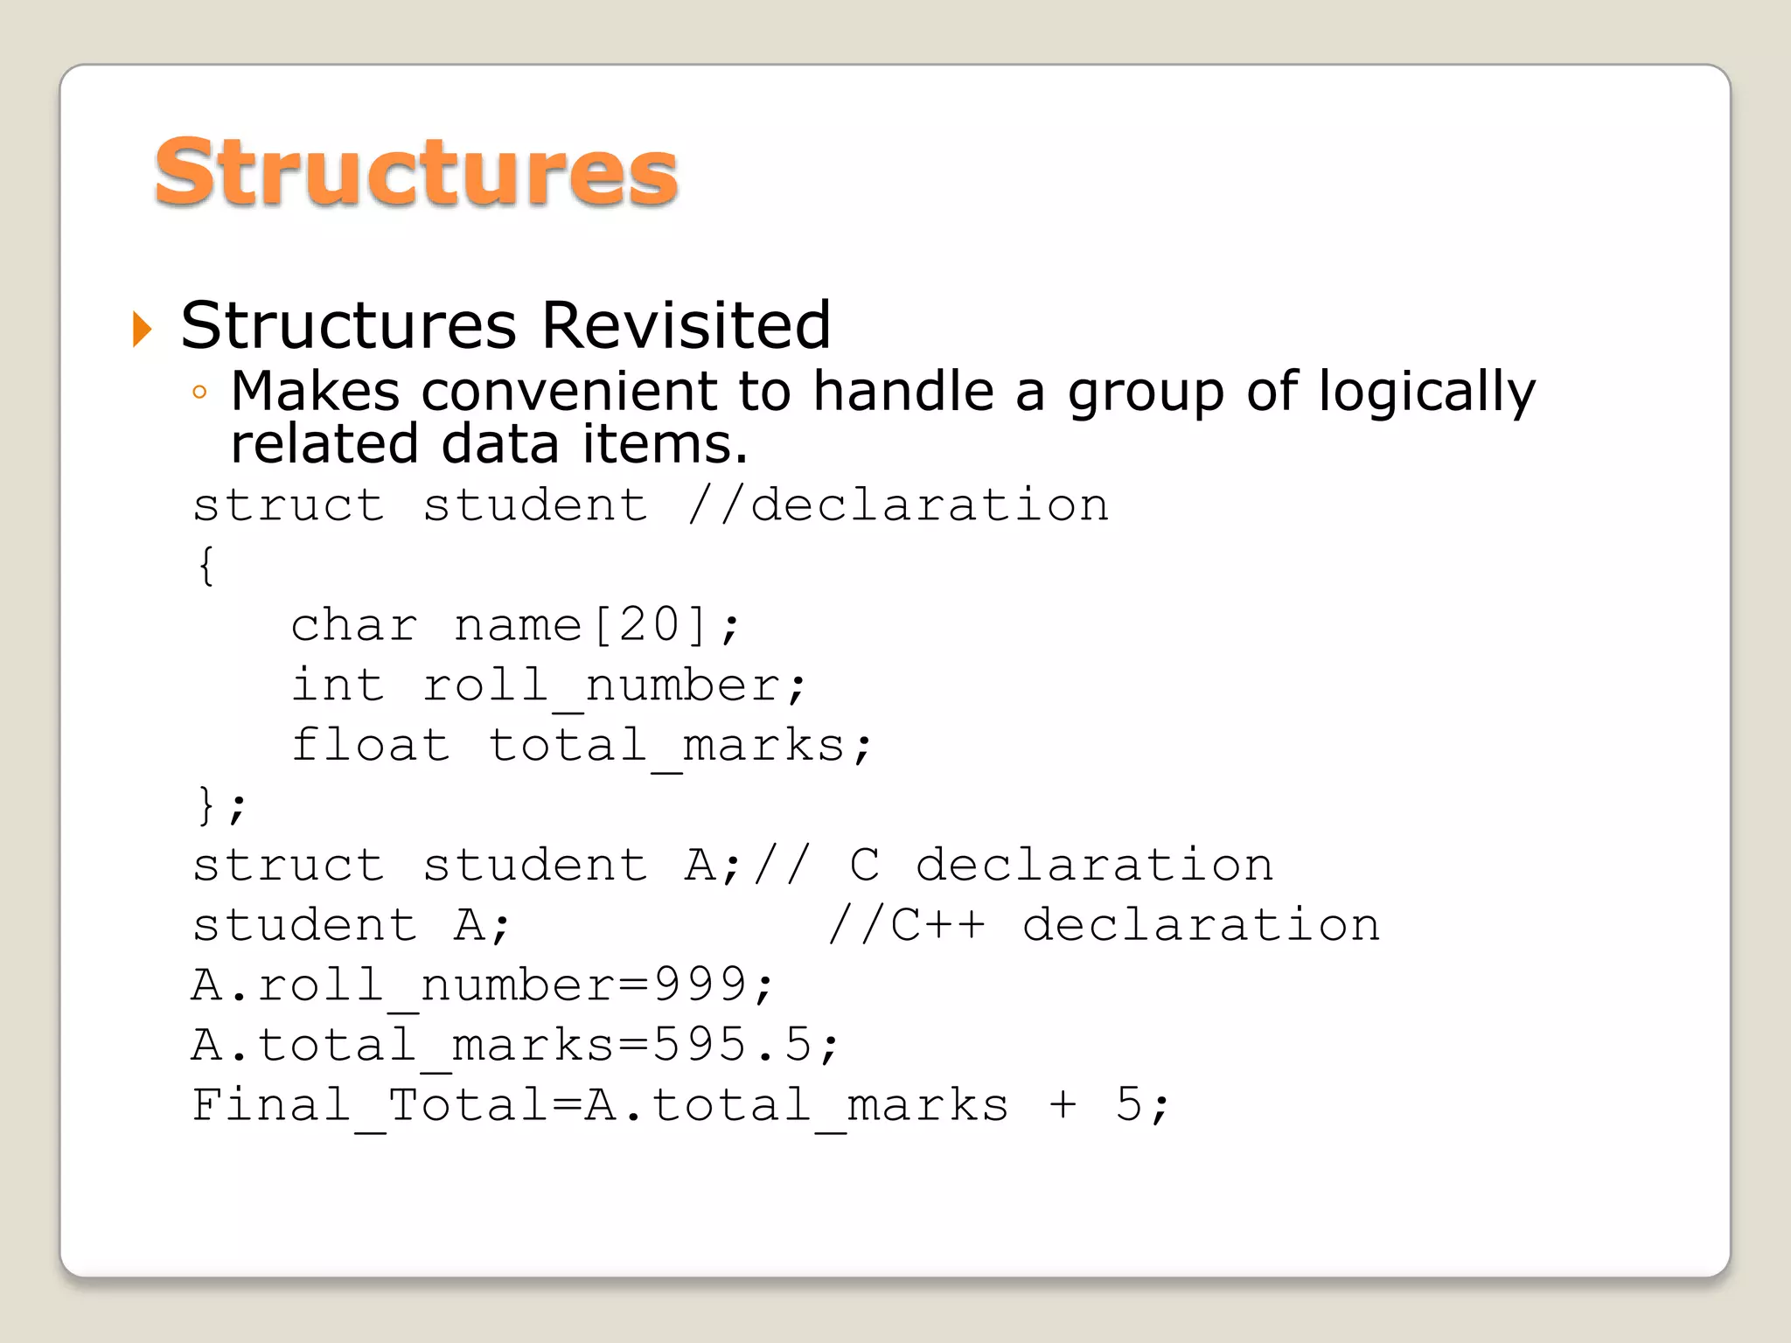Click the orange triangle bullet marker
coord(142,329)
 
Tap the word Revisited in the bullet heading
coord(686,325)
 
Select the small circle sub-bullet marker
coord(200,393)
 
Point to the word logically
coord(1426,393)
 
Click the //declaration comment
coord(898,505)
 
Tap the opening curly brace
coord(206,565)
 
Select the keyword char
coord(354,626)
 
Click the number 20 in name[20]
coord(649,626)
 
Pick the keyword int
coord(338,685)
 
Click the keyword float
coord(371,745)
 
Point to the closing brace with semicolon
coord(220,805)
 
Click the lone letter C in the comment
coord(864,866)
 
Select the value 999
coord(700,985)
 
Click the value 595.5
coord(733,1045)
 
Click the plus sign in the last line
coord(1063,1105)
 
